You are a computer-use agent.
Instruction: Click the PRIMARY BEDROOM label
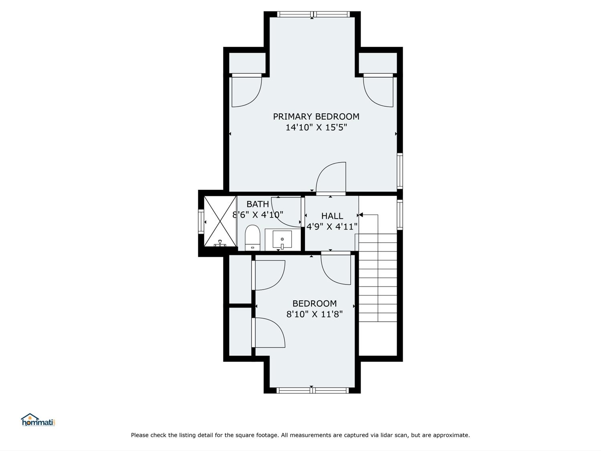click(316, 117)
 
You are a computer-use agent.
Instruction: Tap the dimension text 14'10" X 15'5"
click(316, 127)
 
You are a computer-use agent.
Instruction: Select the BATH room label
click(258, 204)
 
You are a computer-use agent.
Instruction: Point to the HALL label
click(332, 216)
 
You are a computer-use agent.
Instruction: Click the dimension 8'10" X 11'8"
click(314, 314)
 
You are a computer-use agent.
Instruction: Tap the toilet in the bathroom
click(252, 238)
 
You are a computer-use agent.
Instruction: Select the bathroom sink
click(282, 240)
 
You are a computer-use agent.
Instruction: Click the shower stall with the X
click(220, 221)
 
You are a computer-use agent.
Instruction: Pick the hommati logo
click(38, 420)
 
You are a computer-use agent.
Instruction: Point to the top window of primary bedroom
click(313, 14)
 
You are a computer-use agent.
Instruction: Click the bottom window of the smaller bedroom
click(312, 390)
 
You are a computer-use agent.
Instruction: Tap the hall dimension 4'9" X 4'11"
click(332, 227)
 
